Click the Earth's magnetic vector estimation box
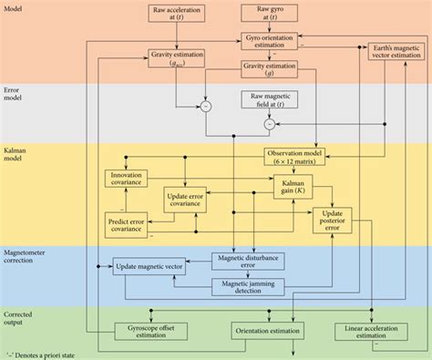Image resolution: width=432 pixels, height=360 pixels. coord(396,51)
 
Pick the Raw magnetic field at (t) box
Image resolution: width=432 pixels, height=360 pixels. coord(270,101)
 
